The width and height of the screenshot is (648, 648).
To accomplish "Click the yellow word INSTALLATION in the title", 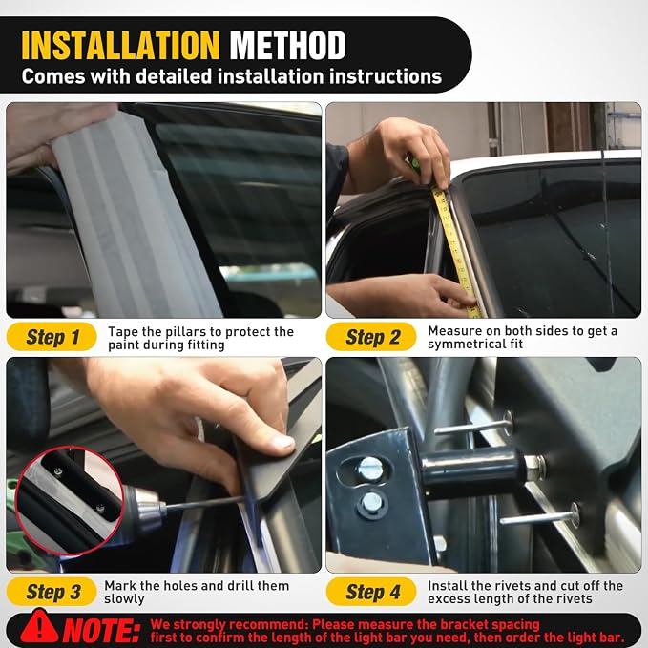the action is pyautogui.click(x=120, y=46).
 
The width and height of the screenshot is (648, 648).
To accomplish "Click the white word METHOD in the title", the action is pyautogui.click(x=287, y=46).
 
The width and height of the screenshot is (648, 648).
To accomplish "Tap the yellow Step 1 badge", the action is pyautogui.click(x=52, y=337).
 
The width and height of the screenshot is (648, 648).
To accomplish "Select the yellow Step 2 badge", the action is pyautogui.click(x=371, y=337).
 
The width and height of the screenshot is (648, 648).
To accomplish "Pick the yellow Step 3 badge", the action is pyautogui.click(x=52, y=592).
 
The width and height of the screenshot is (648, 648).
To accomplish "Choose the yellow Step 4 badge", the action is pyautogui.click(x=371, y=592).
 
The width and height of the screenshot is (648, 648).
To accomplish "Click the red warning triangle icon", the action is pyautogui.click(x=40, y=626).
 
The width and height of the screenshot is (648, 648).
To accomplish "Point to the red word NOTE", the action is pyautogui.click(x=100, y=631).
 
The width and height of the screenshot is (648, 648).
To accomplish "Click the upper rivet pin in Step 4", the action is pyautogui.click(x=473, y=428).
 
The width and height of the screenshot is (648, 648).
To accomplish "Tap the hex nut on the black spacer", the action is pyautogui.click(x=535, y=467).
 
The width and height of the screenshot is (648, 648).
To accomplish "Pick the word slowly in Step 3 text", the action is pyautogui.click(x=124, y=598).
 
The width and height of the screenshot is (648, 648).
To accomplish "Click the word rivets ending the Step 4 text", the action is pyautogui.click(x=572, y=598).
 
